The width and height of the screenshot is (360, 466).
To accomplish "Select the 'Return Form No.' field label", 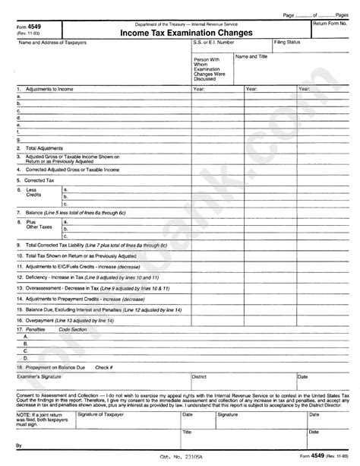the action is point(333,24).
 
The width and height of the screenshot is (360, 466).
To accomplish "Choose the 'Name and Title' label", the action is point(251,56).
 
